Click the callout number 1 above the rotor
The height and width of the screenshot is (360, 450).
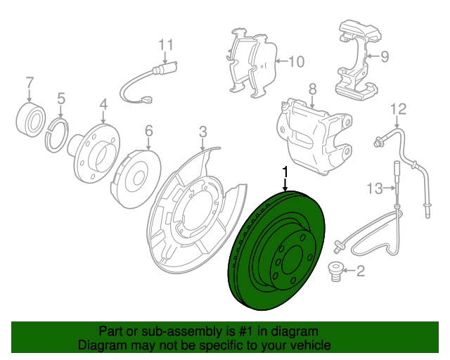pos(285,171)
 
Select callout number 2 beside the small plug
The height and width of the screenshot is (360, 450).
pos(361,271)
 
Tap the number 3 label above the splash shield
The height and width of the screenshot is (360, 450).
pos(202,131)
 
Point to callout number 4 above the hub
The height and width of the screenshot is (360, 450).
pos(103,105)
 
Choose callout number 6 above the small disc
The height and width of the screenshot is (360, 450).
pos(148,131)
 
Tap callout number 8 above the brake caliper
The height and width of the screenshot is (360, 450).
pos(312,89)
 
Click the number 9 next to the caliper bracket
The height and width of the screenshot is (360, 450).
pos(385,57)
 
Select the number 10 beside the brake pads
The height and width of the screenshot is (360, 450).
pos(296,62)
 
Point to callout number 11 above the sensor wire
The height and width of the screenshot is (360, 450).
pos(165,44)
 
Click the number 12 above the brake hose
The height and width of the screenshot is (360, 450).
pos(399,108)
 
